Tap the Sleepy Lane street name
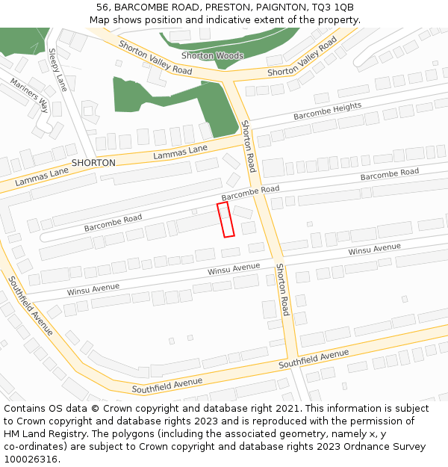(x=57, y=69)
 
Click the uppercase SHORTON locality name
(x=93, y=163)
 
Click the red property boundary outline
(x=225, y=220)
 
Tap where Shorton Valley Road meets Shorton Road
(x=232, y=78)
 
